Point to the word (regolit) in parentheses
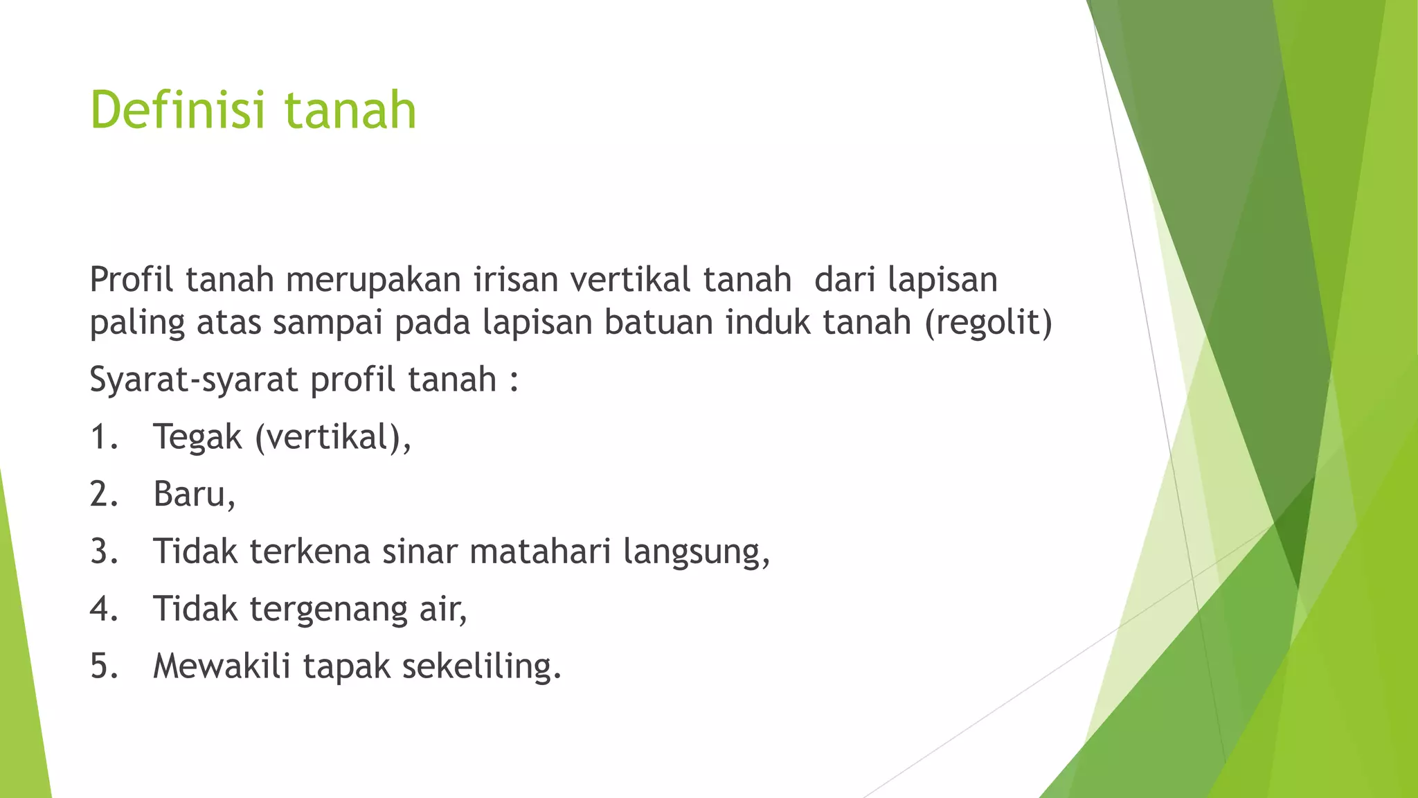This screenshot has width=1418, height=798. tap(988, 323)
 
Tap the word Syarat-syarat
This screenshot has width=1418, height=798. tap(194, 380)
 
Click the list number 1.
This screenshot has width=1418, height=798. tap(102, 438)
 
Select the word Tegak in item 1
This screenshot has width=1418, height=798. tap(197, 438)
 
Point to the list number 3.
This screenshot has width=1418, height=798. tap(103, 552)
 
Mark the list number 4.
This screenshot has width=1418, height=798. tap(103, 610)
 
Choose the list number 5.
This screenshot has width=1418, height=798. tap(103, 666)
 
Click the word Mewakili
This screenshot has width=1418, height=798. tap(222, 666)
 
